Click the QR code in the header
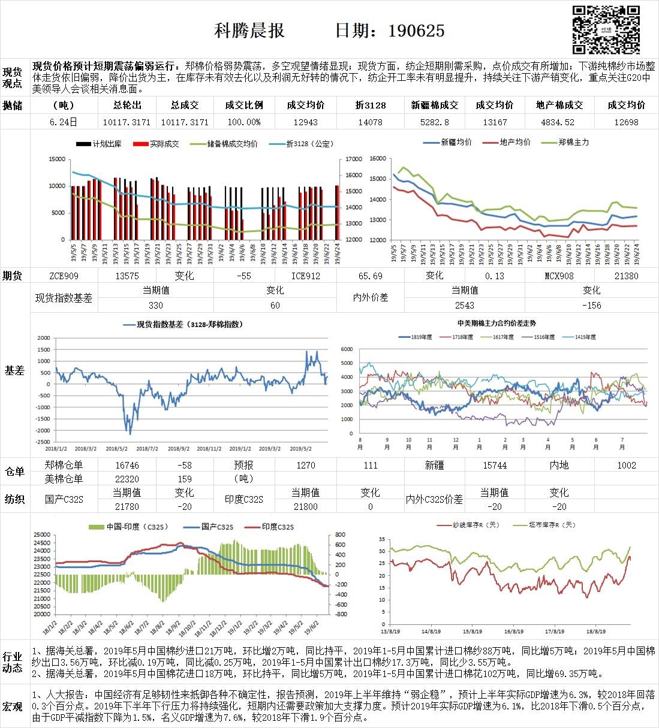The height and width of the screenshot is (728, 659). click(x=606, y=30)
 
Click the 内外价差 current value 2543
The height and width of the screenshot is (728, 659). click(x=465, y=305)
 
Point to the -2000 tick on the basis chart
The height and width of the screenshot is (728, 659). click(x=43, y=431)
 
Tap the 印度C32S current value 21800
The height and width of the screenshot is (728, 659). click(x=306, y=506)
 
